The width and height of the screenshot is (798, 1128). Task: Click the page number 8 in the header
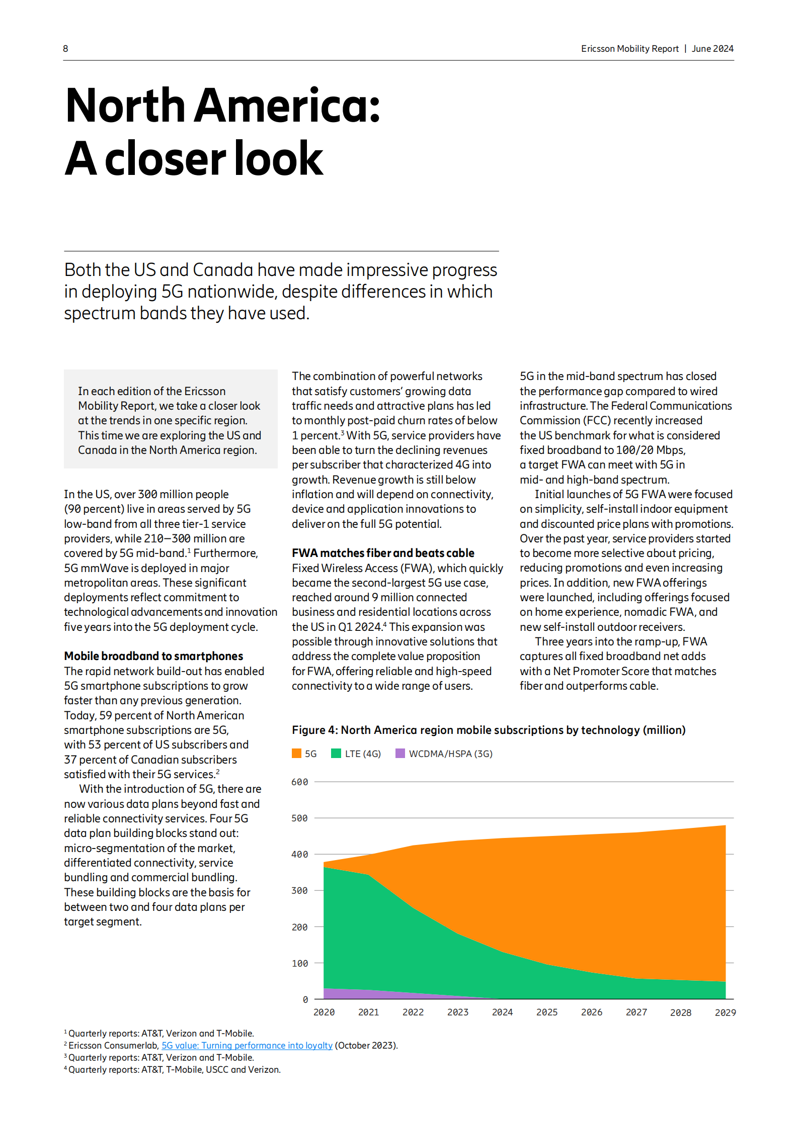(x=65, y=49)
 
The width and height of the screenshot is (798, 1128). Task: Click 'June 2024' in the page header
(x=712, y=49)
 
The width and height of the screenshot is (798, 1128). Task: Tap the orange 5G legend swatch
(x=296, y=753)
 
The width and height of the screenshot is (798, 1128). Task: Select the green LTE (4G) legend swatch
(x=336, y=753)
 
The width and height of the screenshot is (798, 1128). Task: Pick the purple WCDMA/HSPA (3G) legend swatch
(x=400, y=753)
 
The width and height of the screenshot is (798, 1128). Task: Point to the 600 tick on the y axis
(x=299, y=782)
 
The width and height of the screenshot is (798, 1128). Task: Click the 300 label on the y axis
(x=299, y=891)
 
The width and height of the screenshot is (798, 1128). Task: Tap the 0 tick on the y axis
(x=305, y=1000)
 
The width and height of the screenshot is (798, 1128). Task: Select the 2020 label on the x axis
(x=324, y=1012)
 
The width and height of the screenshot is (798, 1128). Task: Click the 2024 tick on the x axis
(x=502, y=1012)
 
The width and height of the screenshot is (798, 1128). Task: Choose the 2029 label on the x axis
(x=725, y=1012)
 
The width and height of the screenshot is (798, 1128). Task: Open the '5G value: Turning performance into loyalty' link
(x=247, y=1046)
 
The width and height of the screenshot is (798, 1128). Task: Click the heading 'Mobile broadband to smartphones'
(x=153, y=656)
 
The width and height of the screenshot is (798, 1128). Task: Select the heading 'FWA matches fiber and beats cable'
(x=383, y=553)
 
